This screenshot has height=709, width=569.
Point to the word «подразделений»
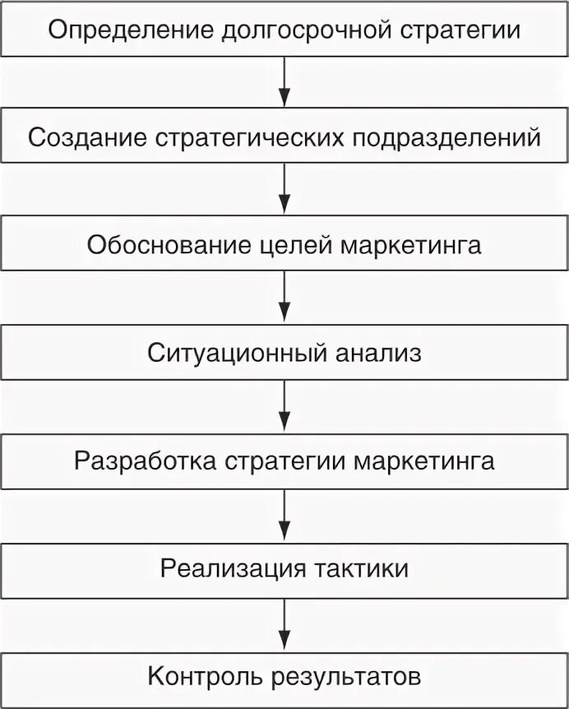[446, 138]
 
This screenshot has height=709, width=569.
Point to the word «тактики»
[359, 568]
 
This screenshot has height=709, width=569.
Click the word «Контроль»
[204, 676]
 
